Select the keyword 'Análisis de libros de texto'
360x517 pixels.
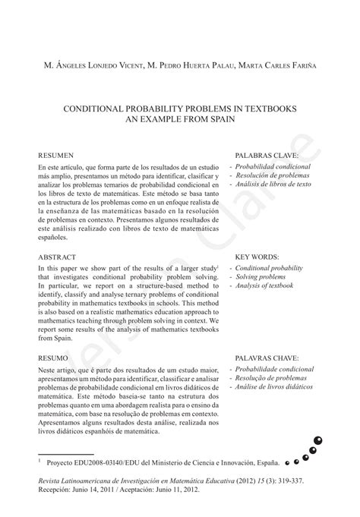[x=273, y=184]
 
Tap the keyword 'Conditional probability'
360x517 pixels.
[x=269, y=268]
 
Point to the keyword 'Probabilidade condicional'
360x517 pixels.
[x=274, y=369]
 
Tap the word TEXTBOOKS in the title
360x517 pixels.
[x=268, y=109]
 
